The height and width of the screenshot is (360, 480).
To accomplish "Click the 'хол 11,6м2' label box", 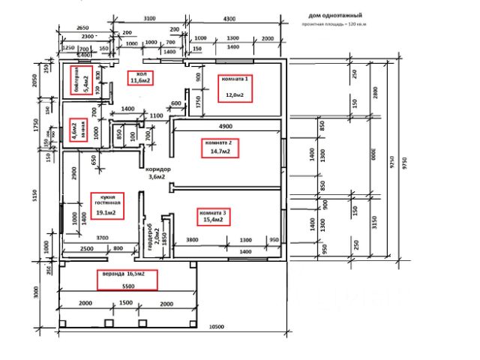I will (138, 78).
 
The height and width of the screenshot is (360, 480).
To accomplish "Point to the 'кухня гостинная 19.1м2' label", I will (106, 205).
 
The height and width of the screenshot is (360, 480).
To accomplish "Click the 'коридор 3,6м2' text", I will (159, 173).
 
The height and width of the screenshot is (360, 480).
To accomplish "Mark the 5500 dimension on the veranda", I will (128, 287).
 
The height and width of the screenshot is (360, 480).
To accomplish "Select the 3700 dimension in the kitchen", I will (102, 237).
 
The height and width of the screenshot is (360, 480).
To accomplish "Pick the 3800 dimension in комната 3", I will (193, 239).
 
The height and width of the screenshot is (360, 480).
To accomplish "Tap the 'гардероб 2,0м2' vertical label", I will (153, 236).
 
